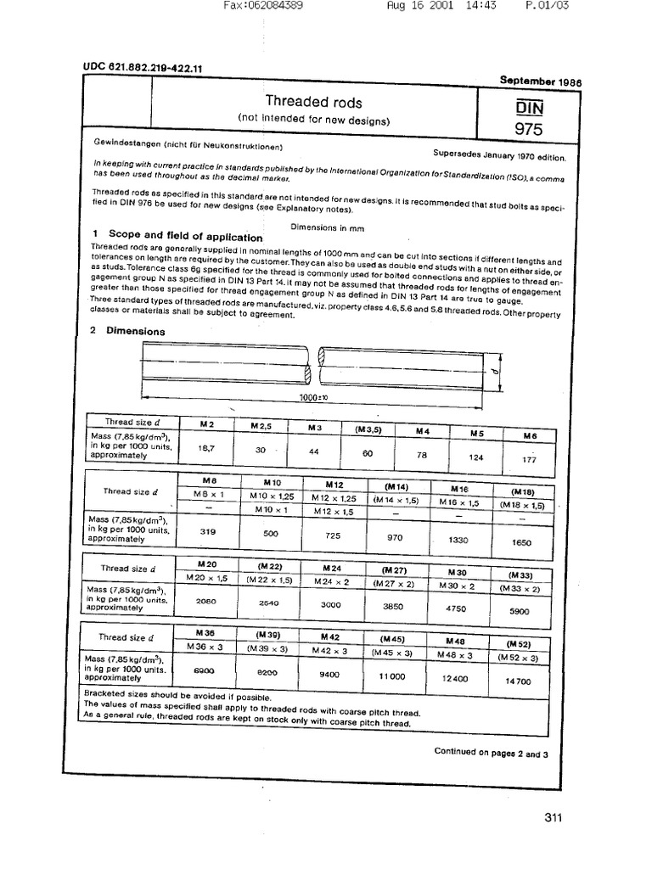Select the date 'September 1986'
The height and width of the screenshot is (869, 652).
pos(540,80)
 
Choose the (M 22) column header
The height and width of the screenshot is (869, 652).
pos(269,566)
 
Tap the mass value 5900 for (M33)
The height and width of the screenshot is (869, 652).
pos(519,611)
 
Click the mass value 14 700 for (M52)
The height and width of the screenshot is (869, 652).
pos(519,681)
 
